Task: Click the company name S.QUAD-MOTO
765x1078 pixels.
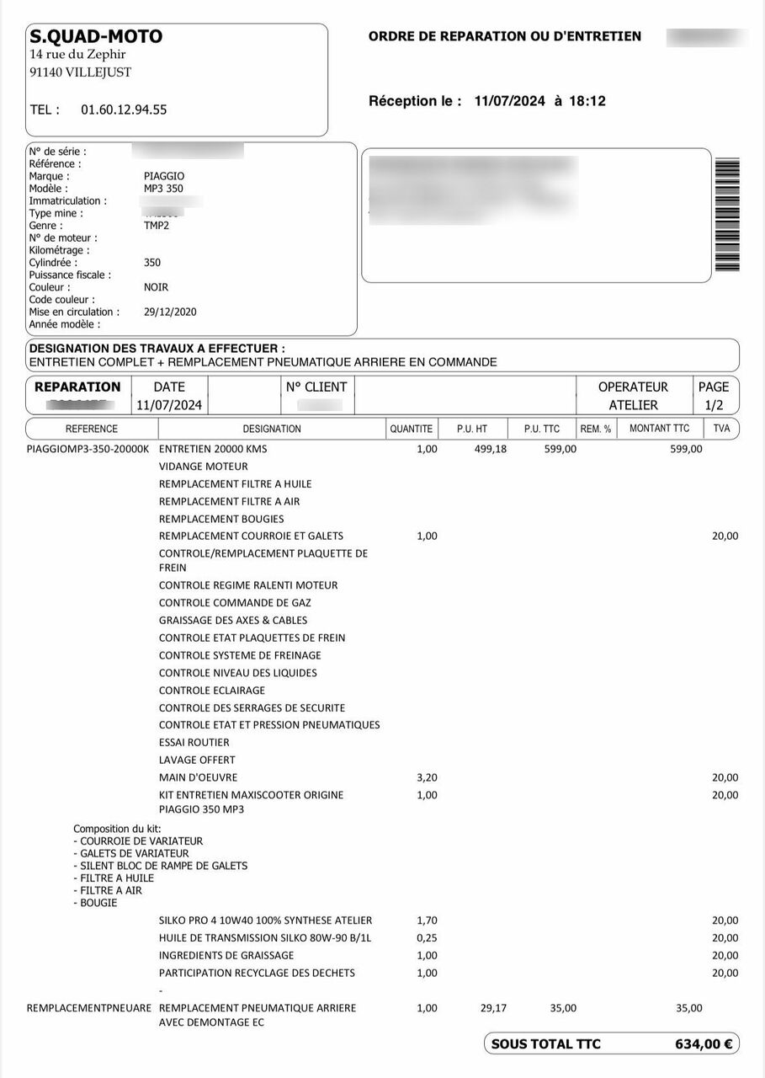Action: pyautogui.click(x=96, y=36)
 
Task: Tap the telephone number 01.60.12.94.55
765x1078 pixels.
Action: pyautogui.click(x=124, y=109)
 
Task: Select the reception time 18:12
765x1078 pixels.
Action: pyautogui.click(x=587, y=101)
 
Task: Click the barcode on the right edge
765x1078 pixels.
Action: pyautogui.click(x=726, y=214)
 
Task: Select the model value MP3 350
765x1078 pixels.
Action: pyautogui.click(x=163, y=189)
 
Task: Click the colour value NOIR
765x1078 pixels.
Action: pyautogui.click(x=156, y=287)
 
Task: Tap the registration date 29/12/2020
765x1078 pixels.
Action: pyautogui.click(x=170, y=312)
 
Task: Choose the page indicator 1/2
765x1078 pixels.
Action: pyautogui.click(x=714, y=405)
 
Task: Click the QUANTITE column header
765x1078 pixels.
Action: pyautogui.click(x=411, y=429)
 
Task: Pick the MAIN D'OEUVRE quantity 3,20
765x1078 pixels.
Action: pyautogui.click(x=427, y=777)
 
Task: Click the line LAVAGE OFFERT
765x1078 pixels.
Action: pyautogui.click(x=197, y=760)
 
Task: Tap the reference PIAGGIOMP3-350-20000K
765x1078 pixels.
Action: pyautogui.click(x=88, y=449)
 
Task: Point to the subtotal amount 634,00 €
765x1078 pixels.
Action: pyautogui.click(x=704, y=1044)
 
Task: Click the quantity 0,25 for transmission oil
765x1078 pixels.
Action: pyautogui.click(x=427, y=938)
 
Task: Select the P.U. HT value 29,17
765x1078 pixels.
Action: pyautogui.click(x=493, y=1008)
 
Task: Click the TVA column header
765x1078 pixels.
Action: pyautogui.click(x=721, y=429)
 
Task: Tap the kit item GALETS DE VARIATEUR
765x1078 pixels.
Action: pyautogui.click(x=135, y=853)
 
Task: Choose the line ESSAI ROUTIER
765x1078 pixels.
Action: pyautogui.click(x=194, y=742)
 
